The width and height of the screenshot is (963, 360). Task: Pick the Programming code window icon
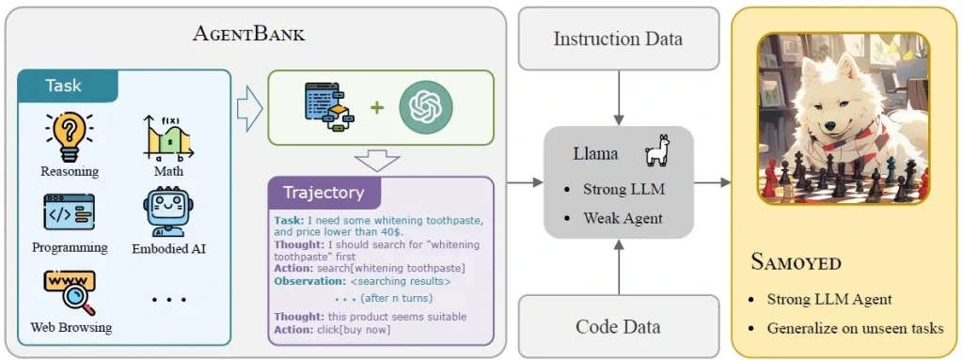click(69, 212)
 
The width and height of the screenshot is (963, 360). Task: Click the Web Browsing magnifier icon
click(69, 292)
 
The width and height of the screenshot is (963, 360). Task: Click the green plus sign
click(376, 107)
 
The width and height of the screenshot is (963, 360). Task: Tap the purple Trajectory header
click(324, 193)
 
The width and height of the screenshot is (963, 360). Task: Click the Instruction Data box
click(618, 39)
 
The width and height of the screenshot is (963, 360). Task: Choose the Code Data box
click(618, 326)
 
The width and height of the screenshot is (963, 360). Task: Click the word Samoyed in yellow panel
click(797, 261)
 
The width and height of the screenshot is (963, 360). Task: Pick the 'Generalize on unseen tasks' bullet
click(855, 328)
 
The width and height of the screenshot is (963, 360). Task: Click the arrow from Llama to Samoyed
click(713, 181)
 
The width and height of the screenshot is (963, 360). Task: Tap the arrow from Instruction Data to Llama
click(618, 98)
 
